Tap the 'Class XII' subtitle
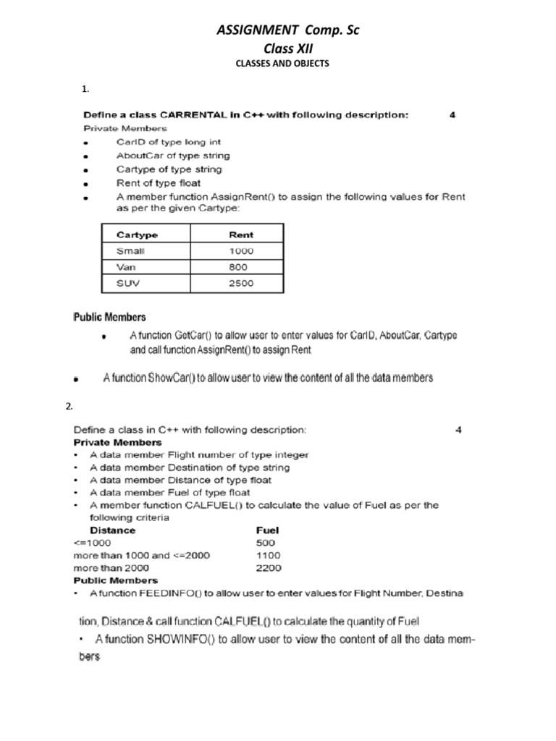279,48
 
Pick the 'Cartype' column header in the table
138,234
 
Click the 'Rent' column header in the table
241,234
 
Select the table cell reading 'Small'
130,251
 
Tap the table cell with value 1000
241,251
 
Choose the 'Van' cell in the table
126,267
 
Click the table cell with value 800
238,267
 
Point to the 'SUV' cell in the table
127,283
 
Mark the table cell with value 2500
241,283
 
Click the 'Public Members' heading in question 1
110,317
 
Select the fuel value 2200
269,568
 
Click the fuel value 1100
269,555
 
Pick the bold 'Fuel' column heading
268,530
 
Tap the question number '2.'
69,407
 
